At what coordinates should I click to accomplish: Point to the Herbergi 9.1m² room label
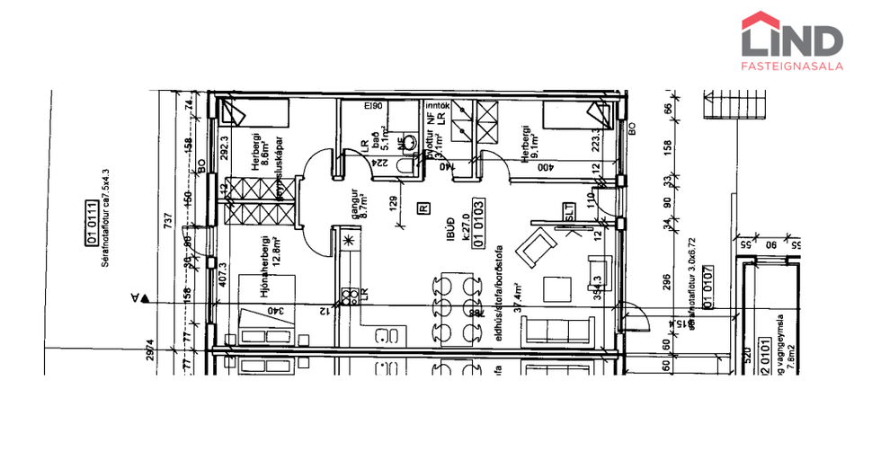click(529, 145)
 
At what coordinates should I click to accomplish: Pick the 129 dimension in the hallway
click(393, 204)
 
